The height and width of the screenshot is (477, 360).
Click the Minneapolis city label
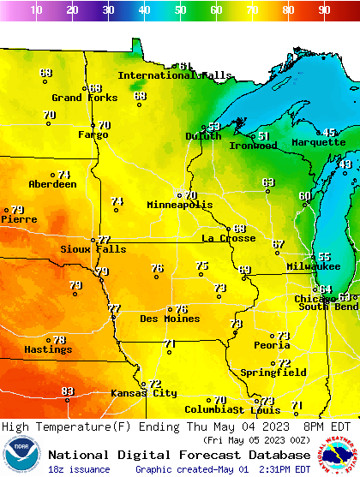[179, 206]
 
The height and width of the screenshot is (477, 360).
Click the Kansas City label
[143, 393]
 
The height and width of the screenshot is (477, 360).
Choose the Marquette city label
[317, 142]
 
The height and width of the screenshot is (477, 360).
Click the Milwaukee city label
[314, 266]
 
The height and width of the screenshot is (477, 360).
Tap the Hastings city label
[48, 349]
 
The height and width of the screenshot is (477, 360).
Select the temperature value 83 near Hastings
[68, 391]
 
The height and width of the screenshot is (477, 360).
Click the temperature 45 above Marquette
[330, 133]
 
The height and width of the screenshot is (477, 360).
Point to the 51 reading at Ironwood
[264, 136]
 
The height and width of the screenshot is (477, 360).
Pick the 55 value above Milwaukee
[324, 257]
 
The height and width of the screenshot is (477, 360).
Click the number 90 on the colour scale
[324, 10]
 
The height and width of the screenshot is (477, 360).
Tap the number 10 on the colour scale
[36, 10]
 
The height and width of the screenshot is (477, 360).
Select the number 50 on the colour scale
[180, 10]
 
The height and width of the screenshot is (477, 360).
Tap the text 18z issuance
[79, 469]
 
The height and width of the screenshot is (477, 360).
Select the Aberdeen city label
[52, 184]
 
